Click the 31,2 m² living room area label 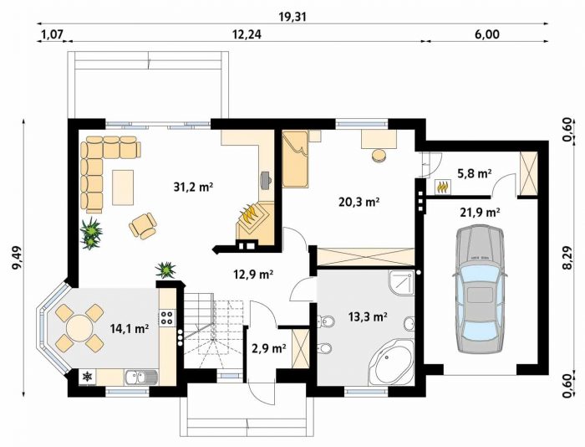(193, 187)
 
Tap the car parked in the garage (480, 289)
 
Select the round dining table (79, 328)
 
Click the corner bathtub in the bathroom (392, 362)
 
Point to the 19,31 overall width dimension (292, 17)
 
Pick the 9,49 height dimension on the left (18, 258)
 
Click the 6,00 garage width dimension (487, 34)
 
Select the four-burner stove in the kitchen (166, 317)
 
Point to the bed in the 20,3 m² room (295, 158)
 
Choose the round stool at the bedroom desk (379, 156)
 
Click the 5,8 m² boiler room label (474, 173)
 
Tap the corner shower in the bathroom (401, 283)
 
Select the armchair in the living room (143, 225)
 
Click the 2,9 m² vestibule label (267, 348)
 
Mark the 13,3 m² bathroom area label (367, 317)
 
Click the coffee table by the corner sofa (123, 188)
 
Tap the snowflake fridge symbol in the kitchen (87, 377)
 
